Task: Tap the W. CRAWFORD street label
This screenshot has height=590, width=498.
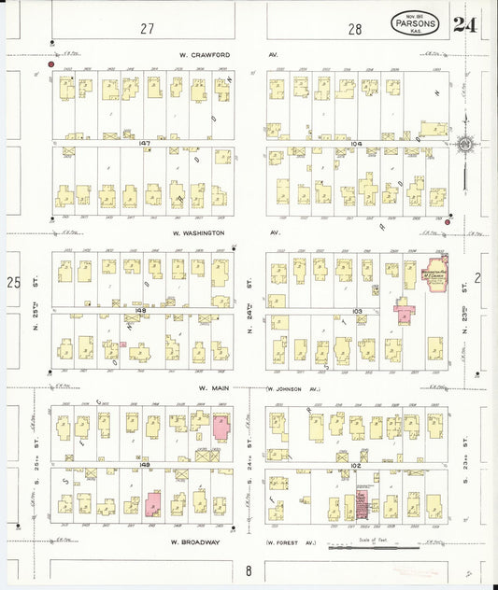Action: (x=198, y=54)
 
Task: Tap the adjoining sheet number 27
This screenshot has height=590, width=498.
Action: (x=146, y=29)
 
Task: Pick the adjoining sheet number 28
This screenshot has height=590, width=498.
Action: (x=355, y=29)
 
